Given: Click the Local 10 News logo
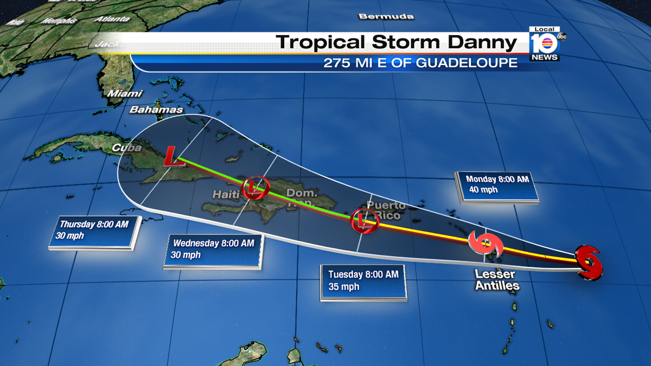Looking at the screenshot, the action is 545,43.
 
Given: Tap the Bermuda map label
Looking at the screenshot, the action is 386,16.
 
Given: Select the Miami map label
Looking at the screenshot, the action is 125,94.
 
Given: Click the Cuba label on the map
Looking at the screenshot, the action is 126,147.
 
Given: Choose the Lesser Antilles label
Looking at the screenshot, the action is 497,280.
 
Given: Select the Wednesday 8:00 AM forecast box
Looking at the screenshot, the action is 213,249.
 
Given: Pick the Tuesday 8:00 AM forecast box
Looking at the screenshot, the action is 363,281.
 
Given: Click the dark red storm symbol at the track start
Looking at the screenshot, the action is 589,262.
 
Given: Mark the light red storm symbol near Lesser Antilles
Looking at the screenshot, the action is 486,244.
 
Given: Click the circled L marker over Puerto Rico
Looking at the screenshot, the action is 365,220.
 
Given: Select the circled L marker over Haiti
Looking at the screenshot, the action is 255,188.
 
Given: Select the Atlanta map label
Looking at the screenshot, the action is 112,19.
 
